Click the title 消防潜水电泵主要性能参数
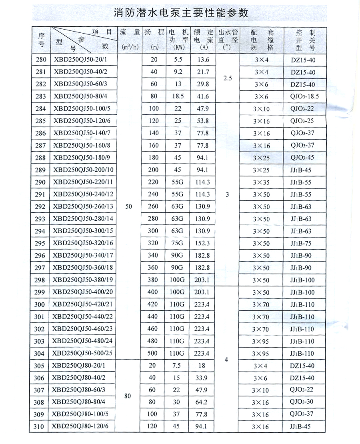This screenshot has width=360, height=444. coord(181,13)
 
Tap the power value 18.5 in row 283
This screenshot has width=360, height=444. coord(178,96)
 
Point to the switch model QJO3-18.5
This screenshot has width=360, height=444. coord(302,96)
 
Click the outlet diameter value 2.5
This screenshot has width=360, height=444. coord(228,78)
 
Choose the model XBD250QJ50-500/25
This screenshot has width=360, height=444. coord(83,354)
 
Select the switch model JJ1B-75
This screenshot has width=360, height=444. coord(301,243)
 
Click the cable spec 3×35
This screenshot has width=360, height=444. coord(261,182)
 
